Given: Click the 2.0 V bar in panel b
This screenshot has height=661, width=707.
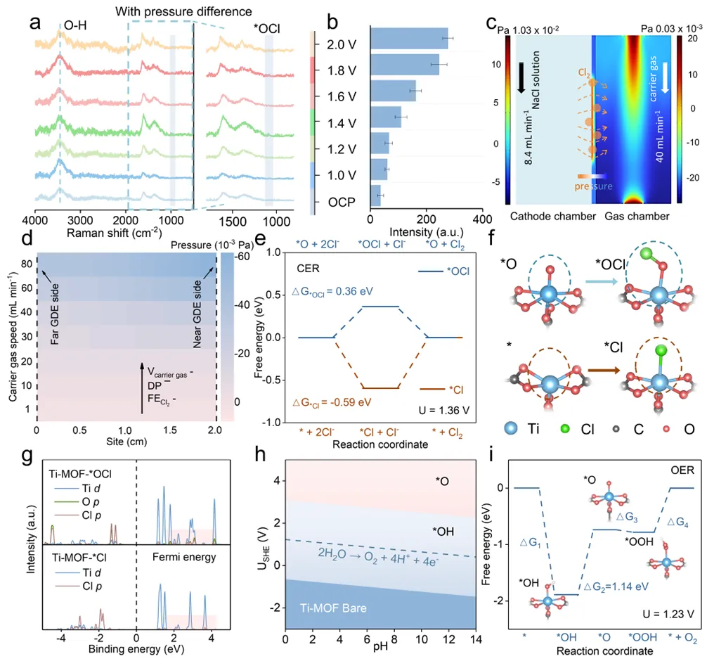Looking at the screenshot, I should point(408,38).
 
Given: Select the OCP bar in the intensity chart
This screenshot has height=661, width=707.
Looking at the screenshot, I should point(375,200).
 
